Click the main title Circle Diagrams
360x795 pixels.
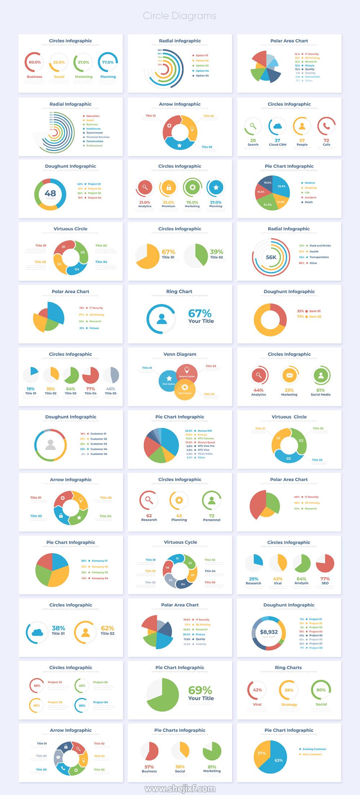tap(180, 16)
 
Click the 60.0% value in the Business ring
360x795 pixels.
tap(35, 62)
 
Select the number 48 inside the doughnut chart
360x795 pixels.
tap(50, 193)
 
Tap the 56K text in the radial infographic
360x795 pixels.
tap(271, 257)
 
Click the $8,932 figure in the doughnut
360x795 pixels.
tap(269, 632)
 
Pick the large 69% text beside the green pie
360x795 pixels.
tap(200, 690)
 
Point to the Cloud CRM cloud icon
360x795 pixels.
tap(277, 126)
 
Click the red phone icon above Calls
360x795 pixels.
tap(326, 126)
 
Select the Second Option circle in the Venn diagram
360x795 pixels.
tap(187, 372)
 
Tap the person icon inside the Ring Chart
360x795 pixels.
tap(162, 318)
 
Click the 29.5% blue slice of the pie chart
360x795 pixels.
tap(281, 186)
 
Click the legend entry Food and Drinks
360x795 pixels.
tap(320, 246)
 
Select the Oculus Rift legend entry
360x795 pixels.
tap(204, 431)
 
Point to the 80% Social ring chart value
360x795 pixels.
tap(321, 690)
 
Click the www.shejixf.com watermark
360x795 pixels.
tap(180, 789)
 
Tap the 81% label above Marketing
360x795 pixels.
tap(212, 767)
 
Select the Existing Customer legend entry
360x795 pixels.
tap(314, 749)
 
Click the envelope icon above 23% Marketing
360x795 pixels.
tap(289, 375)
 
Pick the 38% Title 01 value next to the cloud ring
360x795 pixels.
tap(58, 628)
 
